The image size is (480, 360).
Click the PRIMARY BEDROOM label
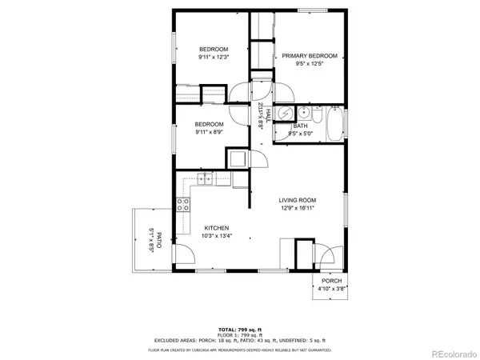pyautogui.click(x=310, y=56)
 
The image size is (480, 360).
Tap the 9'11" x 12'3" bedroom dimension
pyautogui.click(x=214, y=58)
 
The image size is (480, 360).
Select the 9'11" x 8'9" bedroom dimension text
pyautogui.click(x=211, y=133)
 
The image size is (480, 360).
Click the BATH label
pyautogui.click(x=300, y=126)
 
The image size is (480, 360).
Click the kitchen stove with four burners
pyautogui.click(x=183, y=204)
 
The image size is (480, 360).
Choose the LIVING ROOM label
pyautogui.click(x=298, y=200)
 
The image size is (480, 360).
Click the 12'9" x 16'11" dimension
pyautogui.click(x=297, y=209)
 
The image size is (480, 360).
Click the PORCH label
pyautogui.click(x=331, y=281)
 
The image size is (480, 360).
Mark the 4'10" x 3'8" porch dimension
pyautogui.click(x=331, y=290)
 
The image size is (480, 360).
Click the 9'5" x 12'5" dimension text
pyautogui.click(x=310, y=65)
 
